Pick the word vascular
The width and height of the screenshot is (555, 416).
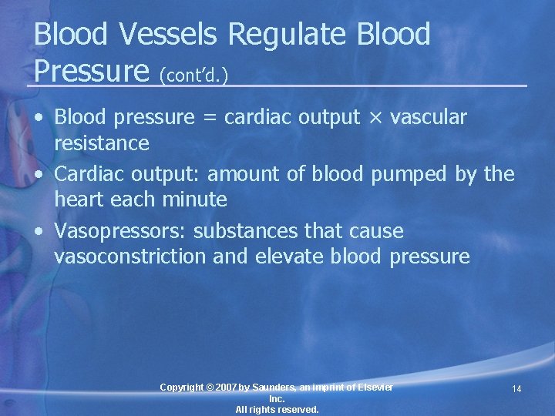[x=429, y=117]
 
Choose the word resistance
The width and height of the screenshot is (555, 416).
[x=102, y=143]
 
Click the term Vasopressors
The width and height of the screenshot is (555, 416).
[x=121, y=231]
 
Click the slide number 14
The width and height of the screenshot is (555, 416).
[x=516, y=389]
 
